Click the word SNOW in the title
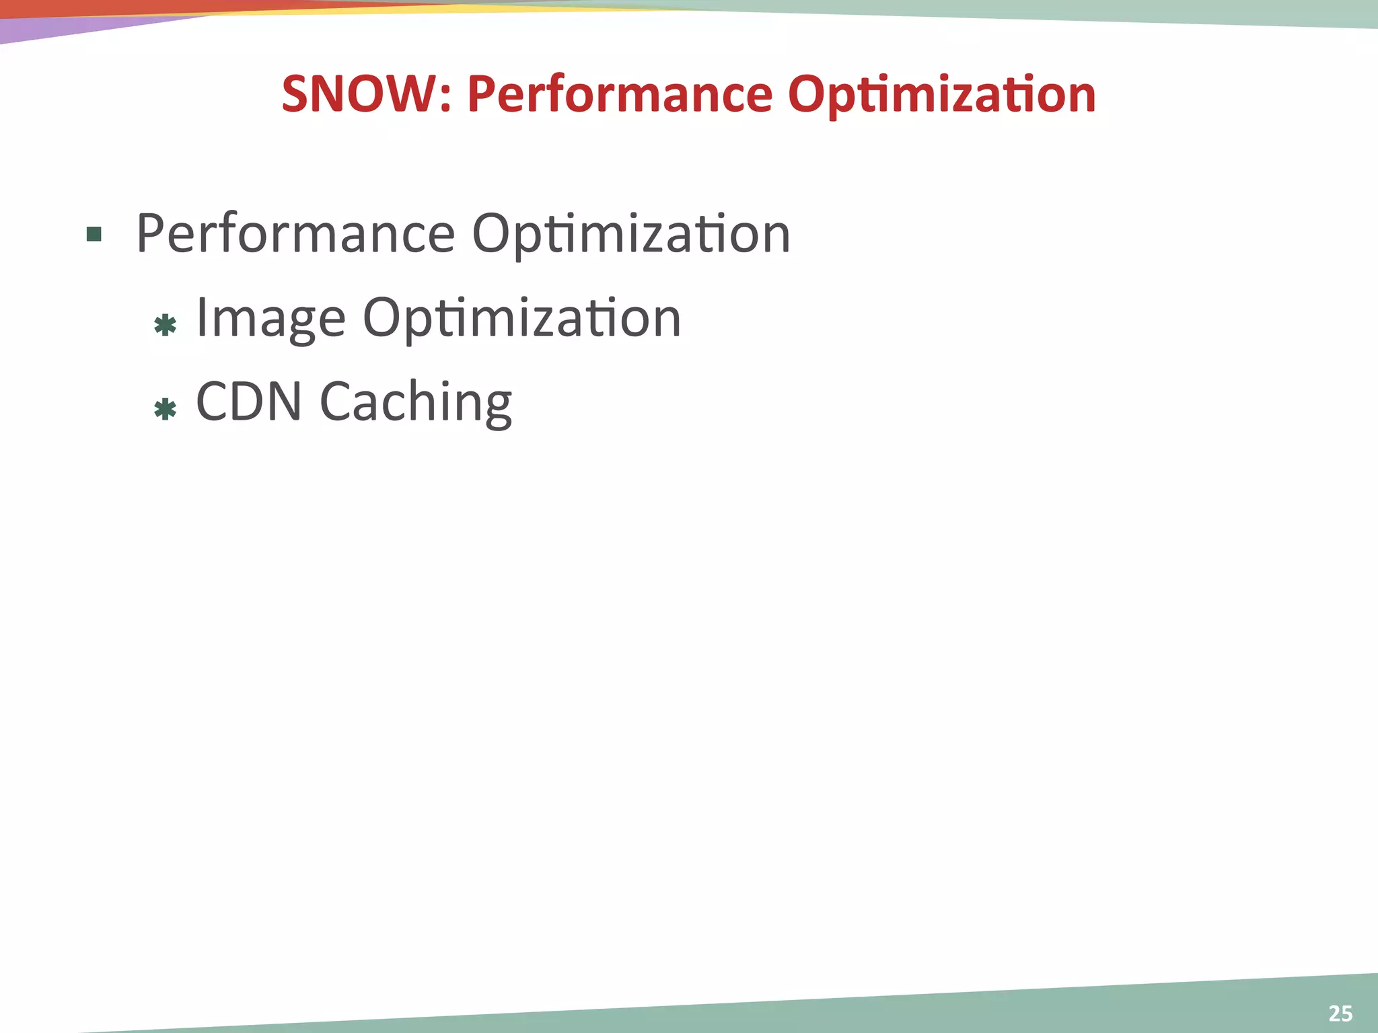tap(359, 93)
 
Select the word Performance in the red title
tap(620, 93)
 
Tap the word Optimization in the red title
tap(941, 93)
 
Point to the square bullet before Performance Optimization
tap(94, 235)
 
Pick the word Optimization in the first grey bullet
tap(630, 235)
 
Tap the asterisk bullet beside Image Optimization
tap(165, 326)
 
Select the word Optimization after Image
tap(521, 319)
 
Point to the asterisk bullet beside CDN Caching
tap(165, 409)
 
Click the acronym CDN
tap(248, 401)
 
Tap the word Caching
tap(415, 403)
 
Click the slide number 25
tap(1340, 1013)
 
